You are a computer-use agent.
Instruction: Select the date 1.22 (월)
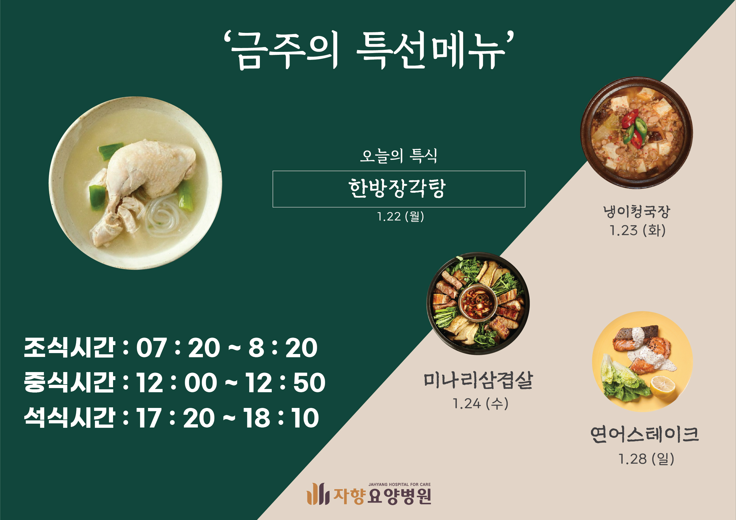point(400,217)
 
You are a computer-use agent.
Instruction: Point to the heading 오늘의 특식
point(398,156)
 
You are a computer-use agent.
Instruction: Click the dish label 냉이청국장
point(636,211)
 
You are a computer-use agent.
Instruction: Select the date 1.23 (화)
point(637,230)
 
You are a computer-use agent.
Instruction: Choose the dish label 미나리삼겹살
point(478,380)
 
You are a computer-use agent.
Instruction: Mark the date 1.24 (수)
point(480,403)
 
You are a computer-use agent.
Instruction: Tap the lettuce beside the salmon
point(622,380)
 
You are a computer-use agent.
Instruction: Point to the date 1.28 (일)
point(646,459)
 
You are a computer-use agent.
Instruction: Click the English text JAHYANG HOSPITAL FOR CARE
point(399,485)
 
